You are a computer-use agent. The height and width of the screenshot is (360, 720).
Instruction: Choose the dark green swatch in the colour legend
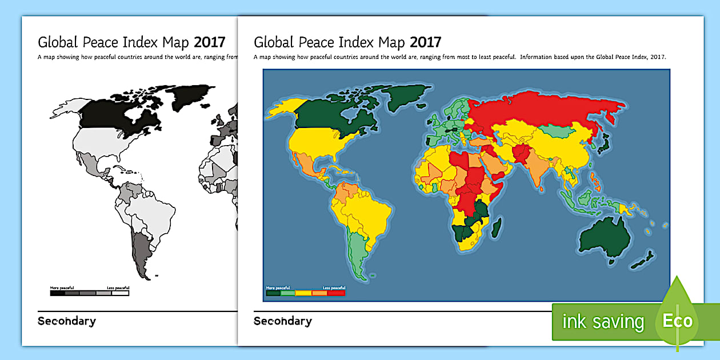coord(274,293)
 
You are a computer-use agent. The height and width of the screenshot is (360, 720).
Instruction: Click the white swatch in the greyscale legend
coord(121,293)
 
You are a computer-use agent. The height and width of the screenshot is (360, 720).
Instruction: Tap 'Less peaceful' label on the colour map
coord(334,287)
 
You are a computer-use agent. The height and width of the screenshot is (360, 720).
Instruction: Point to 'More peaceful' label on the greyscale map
coord(62,287)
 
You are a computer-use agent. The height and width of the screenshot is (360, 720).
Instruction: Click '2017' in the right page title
coord(425,42)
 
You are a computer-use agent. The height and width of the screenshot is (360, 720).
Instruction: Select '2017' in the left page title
coord(209,42)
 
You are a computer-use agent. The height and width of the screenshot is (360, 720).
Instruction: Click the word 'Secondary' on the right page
coord(283,321)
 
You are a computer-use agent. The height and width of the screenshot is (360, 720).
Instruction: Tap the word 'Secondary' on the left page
coord(67,321)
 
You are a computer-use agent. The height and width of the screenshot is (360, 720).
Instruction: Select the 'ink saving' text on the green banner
coord(603,322)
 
